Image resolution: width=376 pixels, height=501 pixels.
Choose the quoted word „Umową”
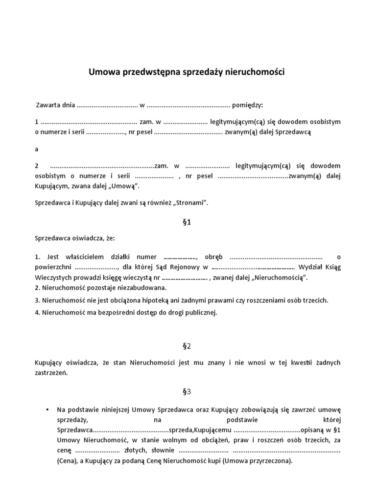[x=126, y=186]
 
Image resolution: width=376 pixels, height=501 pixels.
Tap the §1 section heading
[x=187, y=222]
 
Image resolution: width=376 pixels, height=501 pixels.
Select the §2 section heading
[x=187, y=346]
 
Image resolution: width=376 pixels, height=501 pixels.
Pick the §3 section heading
[x=187, y=391]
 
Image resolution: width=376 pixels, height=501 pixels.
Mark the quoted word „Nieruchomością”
[x=280, y=278]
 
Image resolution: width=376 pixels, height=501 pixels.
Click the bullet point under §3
[x=47, y=410]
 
